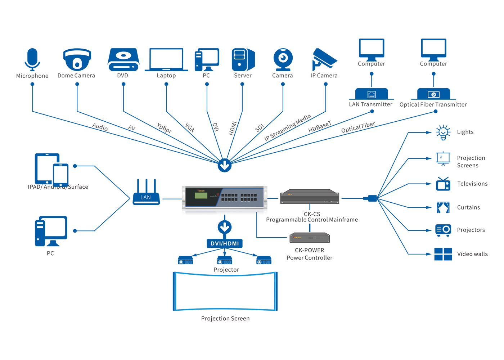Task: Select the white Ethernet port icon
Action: coord(372,95)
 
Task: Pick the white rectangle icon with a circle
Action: coord(433,95)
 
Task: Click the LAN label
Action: coord(145,197)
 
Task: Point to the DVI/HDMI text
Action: coord(225,244)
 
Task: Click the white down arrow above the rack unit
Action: coord(225,165)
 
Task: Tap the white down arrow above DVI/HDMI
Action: coord(225,227)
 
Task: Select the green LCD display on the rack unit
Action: coord(201,195)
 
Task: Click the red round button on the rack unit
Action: coord(218,195)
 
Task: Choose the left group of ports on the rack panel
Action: coord(229,197)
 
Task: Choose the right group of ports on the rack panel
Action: coord(249,197)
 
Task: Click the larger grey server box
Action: coord(310,197)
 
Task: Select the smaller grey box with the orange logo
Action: coord(310,238)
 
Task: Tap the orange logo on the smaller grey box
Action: coord(297,238)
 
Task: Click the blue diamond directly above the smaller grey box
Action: coord(310,227)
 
